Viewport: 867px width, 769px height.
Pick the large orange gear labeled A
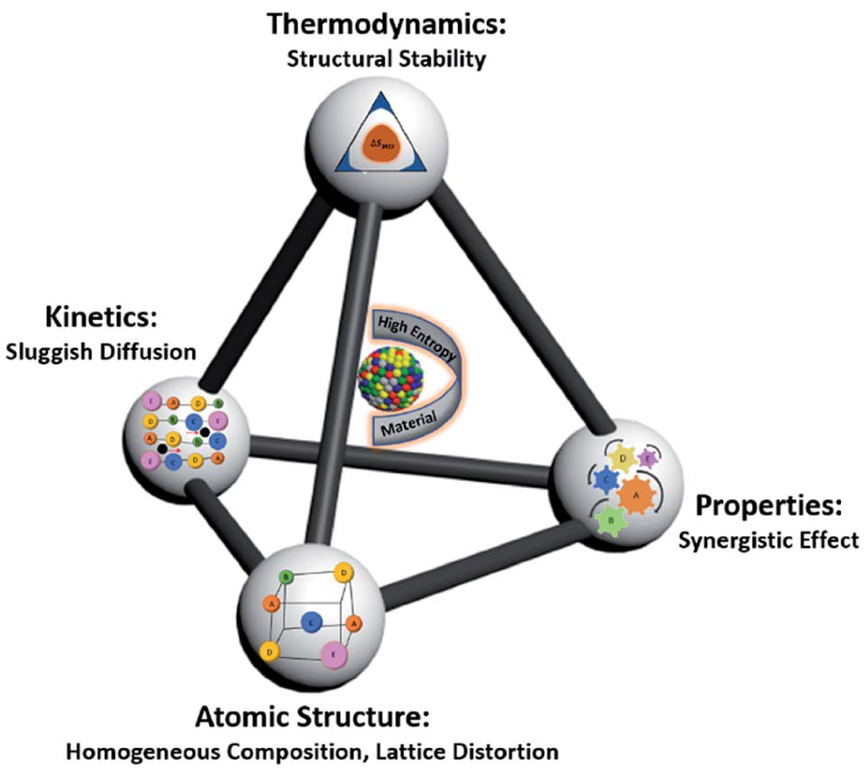click(x=635, y=495)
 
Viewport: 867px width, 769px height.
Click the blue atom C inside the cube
click(x=312, y=622)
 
